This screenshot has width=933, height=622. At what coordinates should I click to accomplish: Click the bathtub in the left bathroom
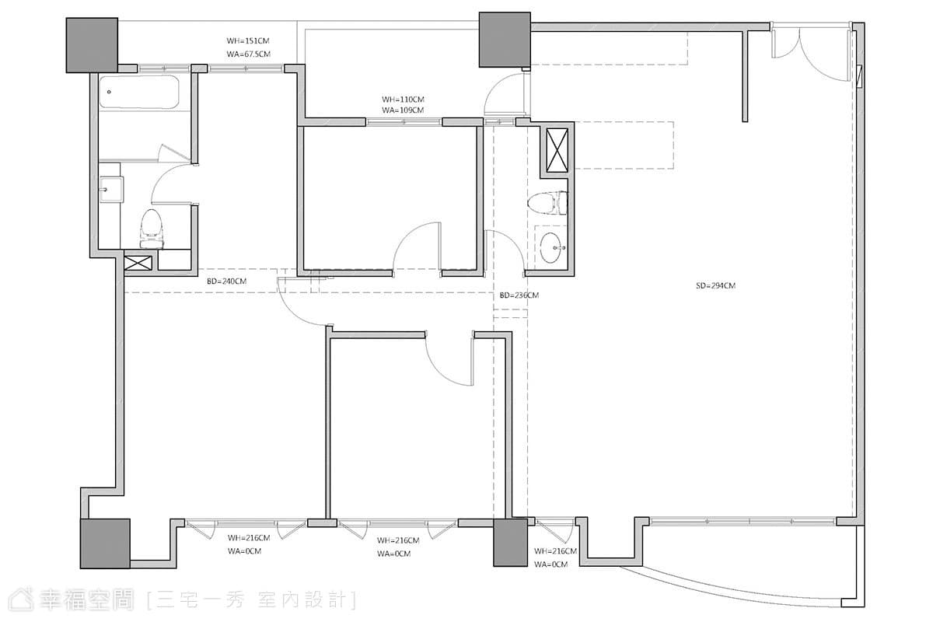[x=139, y=93]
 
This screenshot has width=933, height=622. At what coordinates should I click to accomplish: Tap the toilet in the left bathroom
[x=151, y=229]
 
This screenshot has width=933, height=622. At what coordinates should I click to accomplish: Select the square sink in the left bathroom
[x=111, y=190]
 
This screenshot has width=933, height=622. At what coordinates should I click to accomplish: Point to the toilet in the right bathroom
[x=547, y=203]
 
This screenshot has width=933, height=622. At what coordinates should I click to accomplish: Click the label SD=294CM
[x=715, y=286]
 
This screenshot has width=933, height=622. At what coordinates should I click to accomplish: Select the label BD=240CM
[x=226, y=281]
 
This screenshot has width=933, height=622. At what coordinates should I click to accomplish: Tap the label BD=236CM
[x=519, y=295]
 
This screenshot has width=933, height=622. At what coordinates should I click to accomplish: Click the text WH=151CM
[x=248, y=41]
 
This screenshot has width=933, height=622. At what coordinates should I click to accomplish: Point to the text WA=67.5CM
[x=249, y=54]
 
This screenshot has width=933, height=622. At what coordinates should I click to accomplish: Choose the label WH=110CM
[x=403, y=100]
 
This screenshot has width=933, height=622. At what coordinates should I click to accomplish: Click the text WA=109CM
[x=403, y=110]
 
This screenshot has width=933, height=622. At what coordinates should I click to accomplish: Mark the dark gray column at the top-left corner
[x=92, y=45]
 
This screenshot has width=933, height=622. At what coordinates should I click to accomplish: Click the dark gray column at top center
[x=505, y=40]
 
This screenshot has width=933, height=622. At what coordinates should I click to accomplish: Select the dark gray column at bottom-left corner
[x=105, y=543]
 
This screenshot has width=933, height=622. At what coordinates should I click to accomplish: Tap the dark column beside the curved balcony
[x=510, y=543]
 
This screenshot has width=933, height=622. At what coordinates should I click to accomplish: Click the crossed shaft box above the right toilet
[x=557, y=150]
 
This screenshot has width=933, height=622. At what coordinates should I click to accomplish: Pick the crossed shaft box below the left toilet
[x=138, y=263]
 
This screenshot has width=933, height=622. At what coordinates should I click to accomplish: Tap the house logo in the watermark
[x=21, y=599]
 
